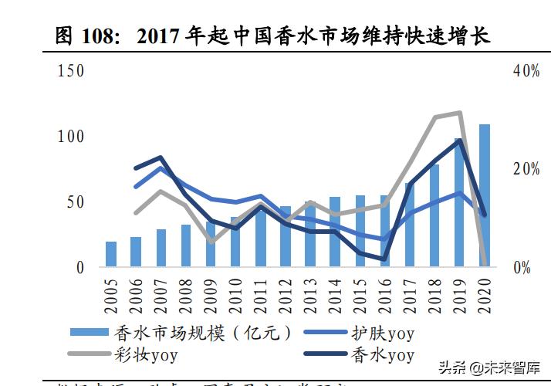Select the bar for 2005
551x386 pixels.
[x=111, y=254]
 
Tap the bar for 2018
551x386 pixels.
[x=434, y=215]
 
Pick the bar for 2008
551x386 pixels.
[x=186, y=245]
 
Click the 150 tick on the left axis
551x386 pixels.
[x=71, y=71]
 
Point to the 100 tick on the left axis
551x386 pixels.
[x=71, y=137]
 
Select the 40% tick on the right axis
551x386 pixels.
[x=526, y=71]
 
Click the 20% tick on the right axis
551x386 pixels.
[x=526, y=169]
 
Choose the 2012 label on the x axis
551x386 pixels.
[x=286, y=296]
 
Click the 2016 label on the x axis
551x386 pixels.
[x=385, y=296]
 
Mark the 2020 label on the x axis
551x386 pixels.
[x=485, y=296]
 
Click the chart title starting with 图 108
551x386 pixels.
[x=273, y=36]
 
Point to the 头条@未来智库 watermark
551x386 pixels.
[x=490, y=367]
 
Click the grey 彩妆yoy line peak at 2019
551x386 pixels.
[x=460, y=113]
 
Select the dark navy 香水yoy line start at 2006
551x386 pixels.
[x=136, y=168]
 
